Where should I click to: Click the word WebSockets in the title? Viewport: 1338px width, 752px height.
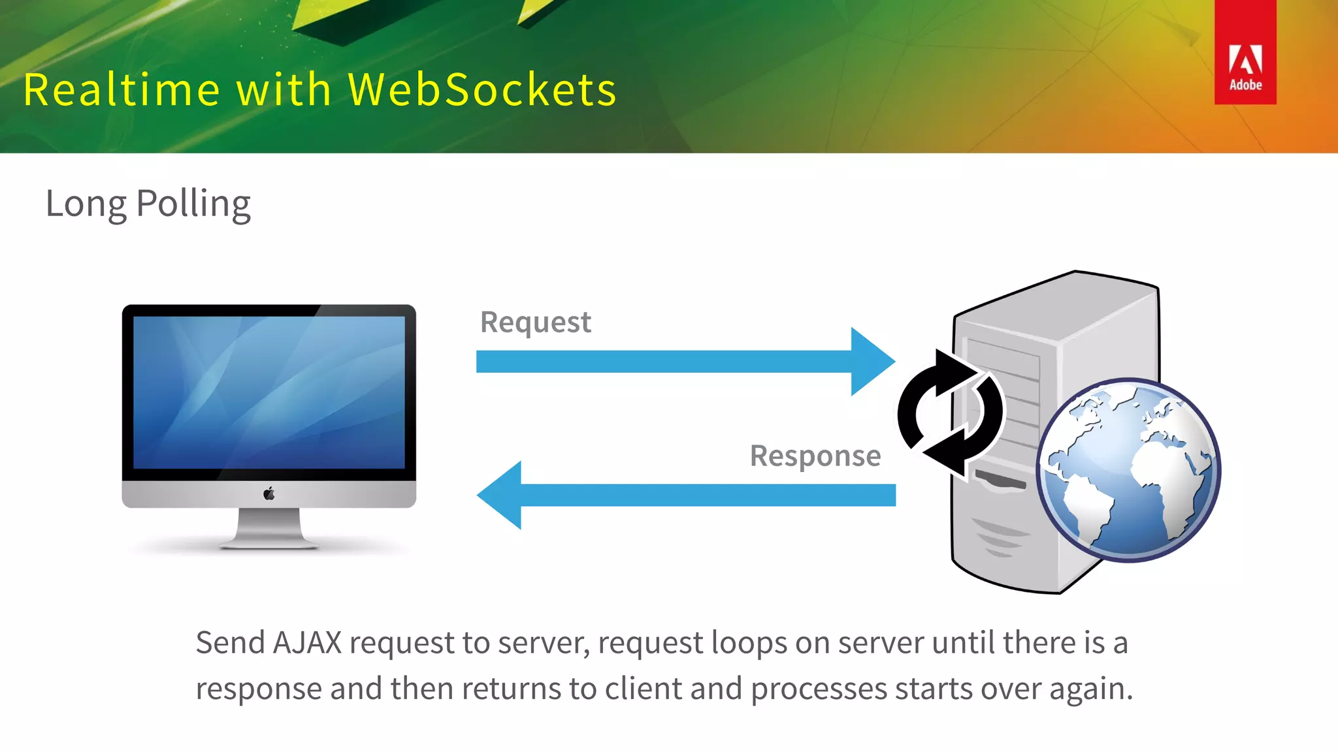click(482, 89)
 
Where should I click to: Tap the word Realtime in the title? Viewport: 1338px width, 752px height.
click(122, 89)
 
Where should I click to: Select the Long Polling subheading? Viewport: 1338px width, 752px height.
click(148, 204)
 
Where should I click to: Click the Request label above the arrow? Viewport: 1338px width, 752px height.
click(535, 322)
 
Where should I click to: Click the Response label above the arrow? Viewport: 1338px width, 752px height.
click(815, 456)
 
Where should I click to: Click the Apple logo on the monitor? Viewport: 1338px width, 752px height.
click(269, 494)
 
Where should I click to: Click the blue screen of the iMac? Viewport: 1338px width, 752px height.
click(269, 392)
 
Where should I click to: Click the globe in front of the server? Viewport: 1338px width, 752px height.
click(1128, 470)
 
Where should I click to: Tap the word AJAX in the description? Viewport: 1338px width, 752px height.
click(307, 643)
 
